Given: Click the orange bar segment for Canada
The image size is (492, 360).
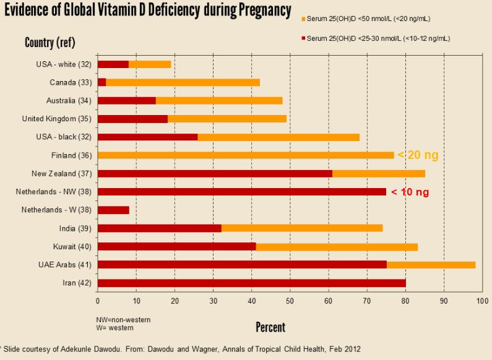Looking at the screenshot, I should (183, 82).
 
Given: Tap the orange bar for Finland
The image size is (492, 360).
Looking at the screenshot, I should (246, 155).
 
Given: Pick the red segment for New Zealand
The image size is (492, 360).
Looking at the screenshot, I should (215, 173).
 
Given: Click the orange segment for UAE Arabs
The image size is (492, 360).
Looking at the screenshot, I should (431, 265).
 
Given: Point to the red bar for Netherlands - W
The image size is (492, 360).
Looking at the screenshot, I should (113, 210).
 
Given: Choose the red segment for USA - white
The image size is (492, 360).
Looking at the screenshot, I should (113, 64).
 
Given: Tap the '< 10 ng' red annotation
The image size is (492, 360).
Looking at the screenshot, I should (410, 192).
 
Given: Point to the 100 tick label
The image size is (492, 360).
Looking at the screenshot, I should (481, 301).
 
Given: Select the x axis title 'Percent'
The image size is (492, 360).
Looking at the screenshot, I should (270, 327).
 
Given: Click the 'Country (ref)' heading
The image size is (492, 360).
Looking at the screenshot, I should (50, 43).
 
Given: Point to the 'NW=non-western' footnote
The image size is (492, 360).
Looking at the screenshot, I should (124, 319).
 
